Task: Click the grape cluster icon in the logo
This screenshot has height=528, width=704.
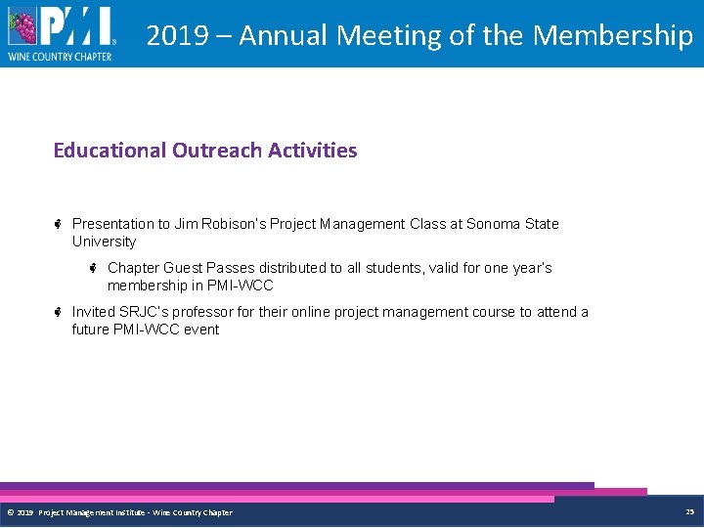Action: coord(22,27)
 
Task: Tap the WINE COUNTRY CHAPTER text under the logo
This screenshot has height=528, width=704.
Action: coord(60,57)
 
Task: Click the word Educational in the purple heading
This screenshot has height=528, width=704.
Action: coord(110,151)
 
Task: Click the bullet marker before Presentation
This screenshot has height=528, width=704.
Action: coord(59,224)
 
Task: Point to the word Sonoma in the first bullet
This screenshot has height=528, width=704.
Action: coord(494,224)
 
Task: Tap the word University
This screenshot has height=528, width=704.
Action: coord(104,242)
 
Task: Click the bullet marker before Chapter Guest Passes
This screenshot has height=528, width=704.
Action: coord(94,268)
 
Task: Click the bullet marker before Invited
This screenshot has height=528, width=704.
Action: coord(59,312)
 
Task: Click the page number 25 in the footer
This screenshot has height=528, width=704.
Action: coord(689,511)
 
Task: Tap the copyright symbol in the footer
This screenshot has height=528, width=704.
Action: coord(11,512)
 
